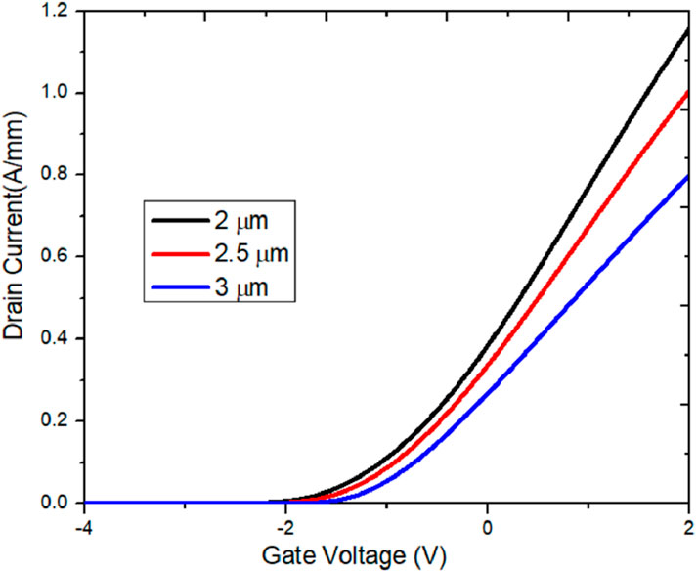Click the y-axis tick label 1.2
58,11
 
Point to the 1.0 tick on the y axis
58,93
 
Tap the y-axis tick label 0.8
58,175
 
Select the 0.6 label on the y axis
58,257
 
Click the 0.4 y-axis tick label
58,338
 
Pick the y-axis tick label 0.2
58,420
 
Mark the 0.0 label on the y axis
58,503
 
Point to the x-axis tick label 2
688,525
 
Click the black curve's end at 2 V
688,30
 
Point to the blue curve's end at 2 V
688,177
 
